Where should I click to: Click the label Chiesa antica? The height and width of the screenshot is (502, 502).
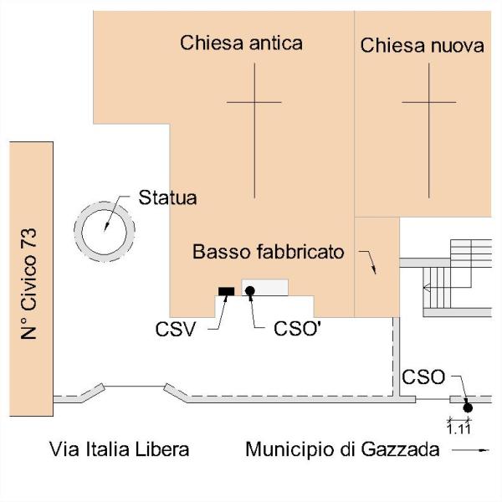[241, 43]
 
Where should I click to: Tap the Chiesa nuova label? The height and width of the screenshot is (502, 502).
[422, 45]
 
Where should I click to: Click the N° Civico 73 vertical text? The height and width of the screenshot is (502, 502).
[31, 284]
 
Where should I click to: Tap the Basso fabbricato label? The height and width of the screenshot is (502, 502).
[268, 252]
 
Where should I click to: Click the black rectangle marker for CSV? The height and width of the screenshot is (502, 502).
[226, 290]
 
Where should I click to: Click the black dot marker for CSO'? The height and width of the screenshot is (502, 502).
[249, 290]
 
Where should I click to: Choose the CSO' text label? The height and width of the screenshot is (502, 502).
[297, 327]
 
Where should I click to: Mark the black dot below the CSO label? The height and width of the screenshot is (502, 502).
[468, 407]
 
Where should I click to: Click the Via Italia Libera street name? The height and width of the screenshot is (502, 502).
[119, 449]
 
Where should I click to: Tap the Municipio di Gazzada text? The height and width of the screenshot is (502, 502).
[342, 449]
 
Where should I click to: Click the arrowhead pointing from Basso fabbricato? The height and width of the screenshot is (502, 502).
[374, 269]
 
